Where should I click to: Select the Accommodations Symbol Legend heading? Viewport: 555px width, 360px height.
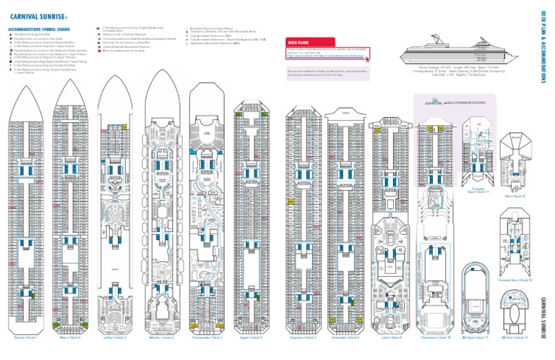[40, 29]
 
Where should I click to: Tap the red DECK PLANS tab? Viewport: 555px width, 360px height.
[298, 43]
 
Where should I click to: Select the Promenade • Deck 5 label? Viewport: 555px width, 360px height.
[207, 336]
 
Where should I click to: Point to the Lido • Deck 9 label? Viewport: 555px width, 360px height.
[387, 336]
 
